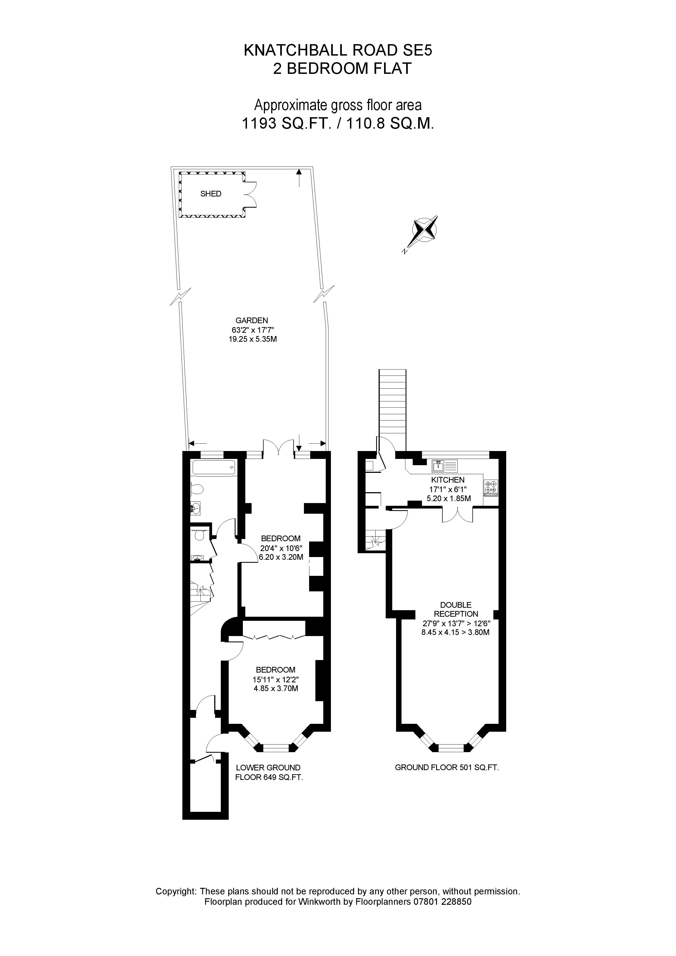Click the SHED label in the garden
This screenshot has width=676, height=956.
[x=211, y=193]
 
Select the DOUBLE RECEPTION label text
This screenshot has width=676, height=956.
[x=456, y=609]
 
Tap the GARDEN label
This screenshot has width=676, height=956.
[x=252, y=320]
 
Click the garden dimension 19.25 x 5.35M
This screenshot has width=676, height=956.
[x=252, y=339]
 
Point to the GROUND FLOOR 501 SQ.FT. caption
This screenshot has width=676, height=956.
[x=446, y=767]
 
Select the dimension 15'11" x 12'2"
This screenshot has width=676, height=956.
[x=276, y=679]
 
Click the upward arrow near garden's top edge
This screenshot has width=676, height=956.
[x=299, y=178]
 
